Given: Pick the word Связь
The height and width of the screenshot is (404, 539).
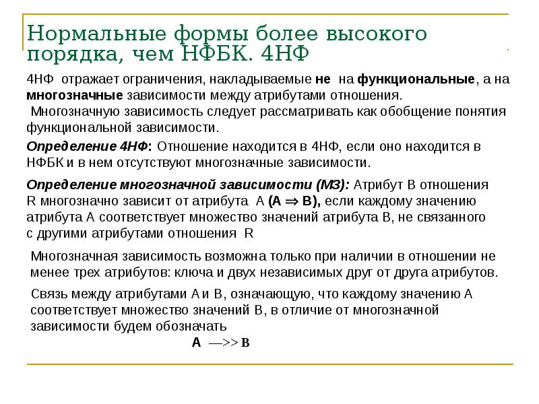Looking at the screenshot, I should point(49,294).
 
